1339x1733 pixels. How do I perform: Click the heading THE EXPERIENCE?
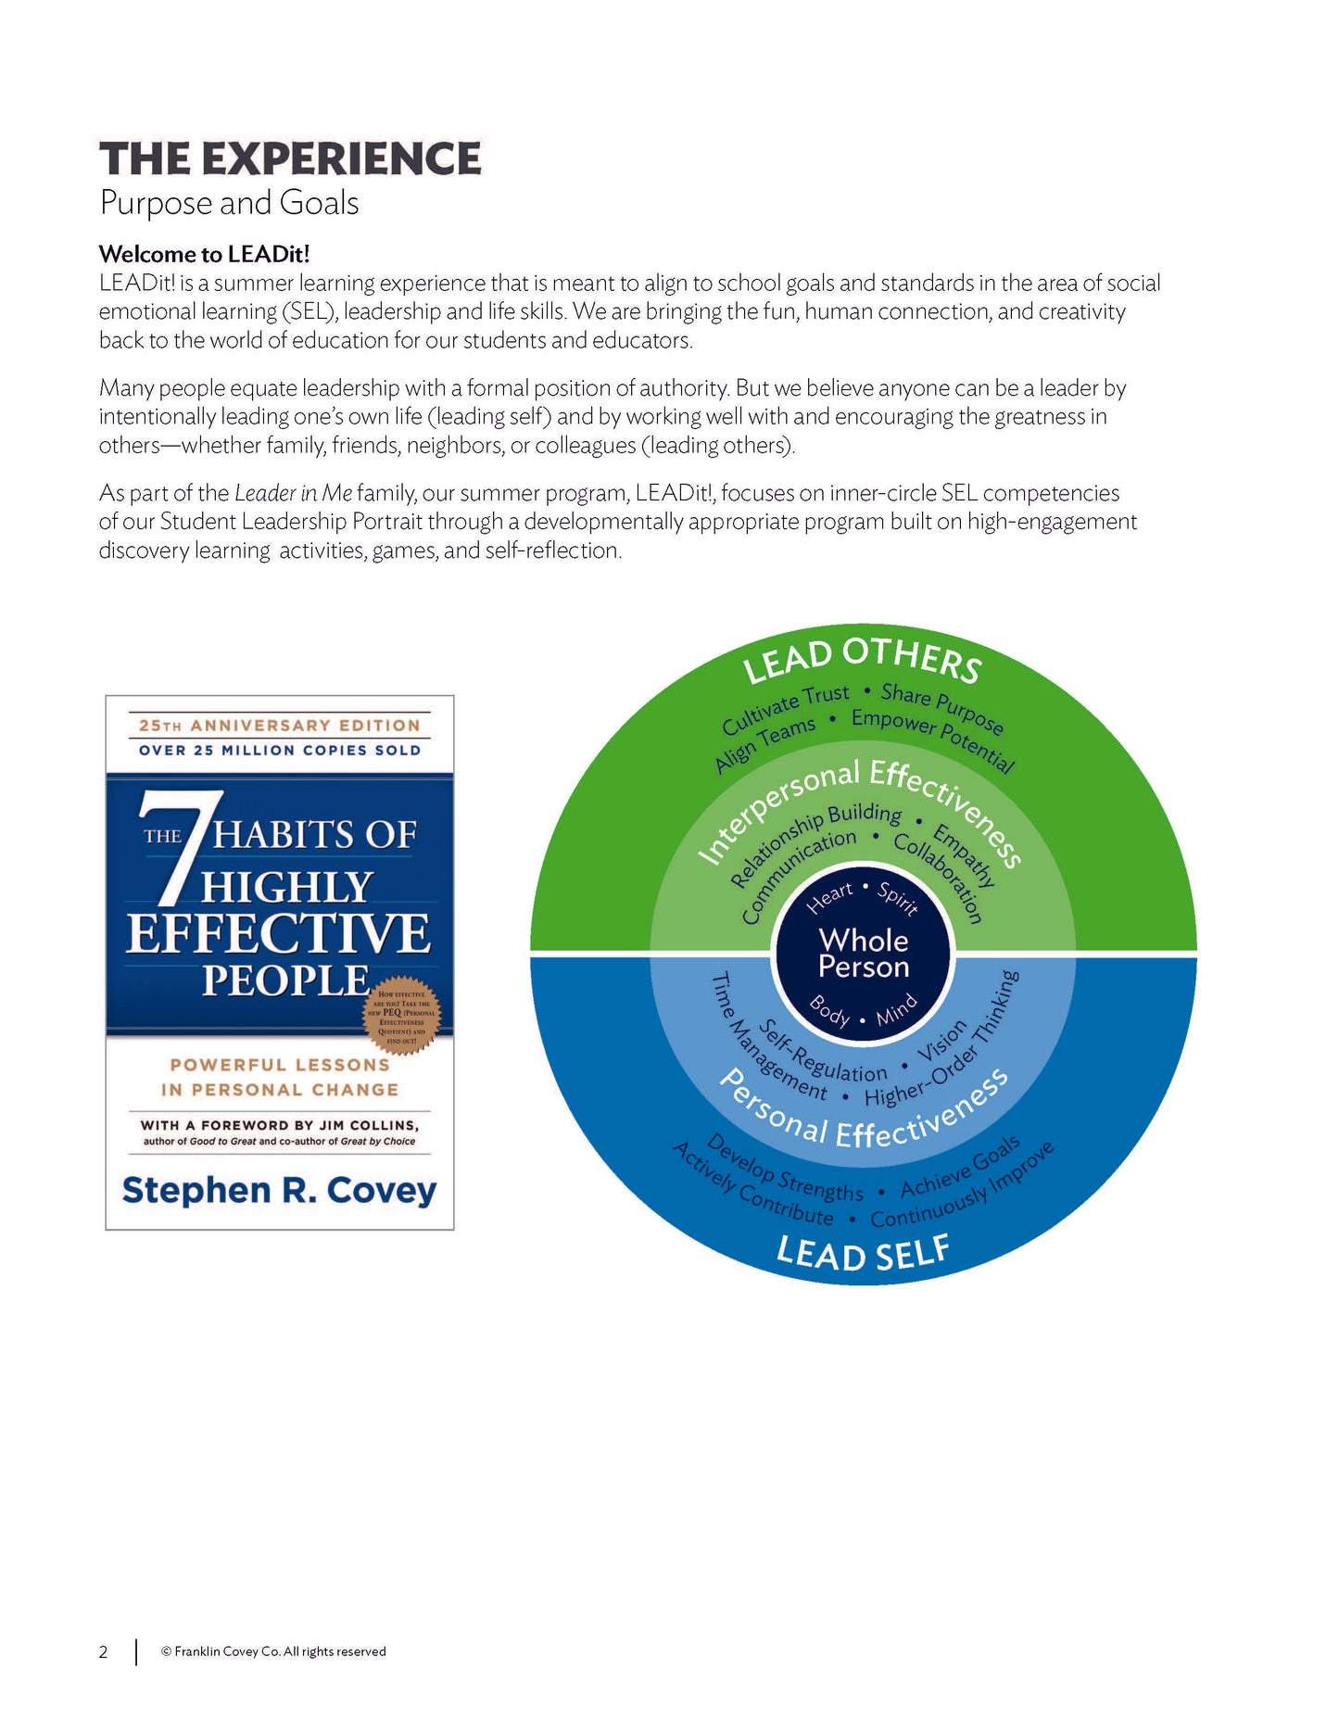point(290,158)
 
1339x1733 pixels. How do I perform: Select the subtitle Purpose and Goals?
point(229,203)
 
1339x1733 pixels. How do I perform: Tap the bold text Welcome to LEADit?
point(204,254)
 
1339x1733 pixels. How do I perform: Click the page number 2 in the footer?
point(104,1651)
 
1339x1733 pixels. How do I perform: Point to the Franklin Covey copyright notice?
point(273,1651)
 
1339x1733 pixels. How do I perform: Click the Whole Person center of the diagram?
point(864,954)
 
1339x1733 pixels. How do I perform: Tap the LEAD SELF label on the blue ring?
point(863,1253)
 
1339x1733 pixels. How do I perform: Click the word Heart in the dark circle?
point(829,897)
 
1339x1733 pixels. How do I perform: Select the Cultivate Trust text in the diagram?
point(786,708)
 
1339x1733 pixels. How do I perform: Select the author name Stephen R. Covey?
point(279,1190)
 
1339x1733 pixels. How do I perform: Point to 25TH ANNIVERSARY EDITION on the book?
point(279,726)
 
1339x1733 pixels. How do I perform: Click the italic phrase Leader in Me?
point(293,493)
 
